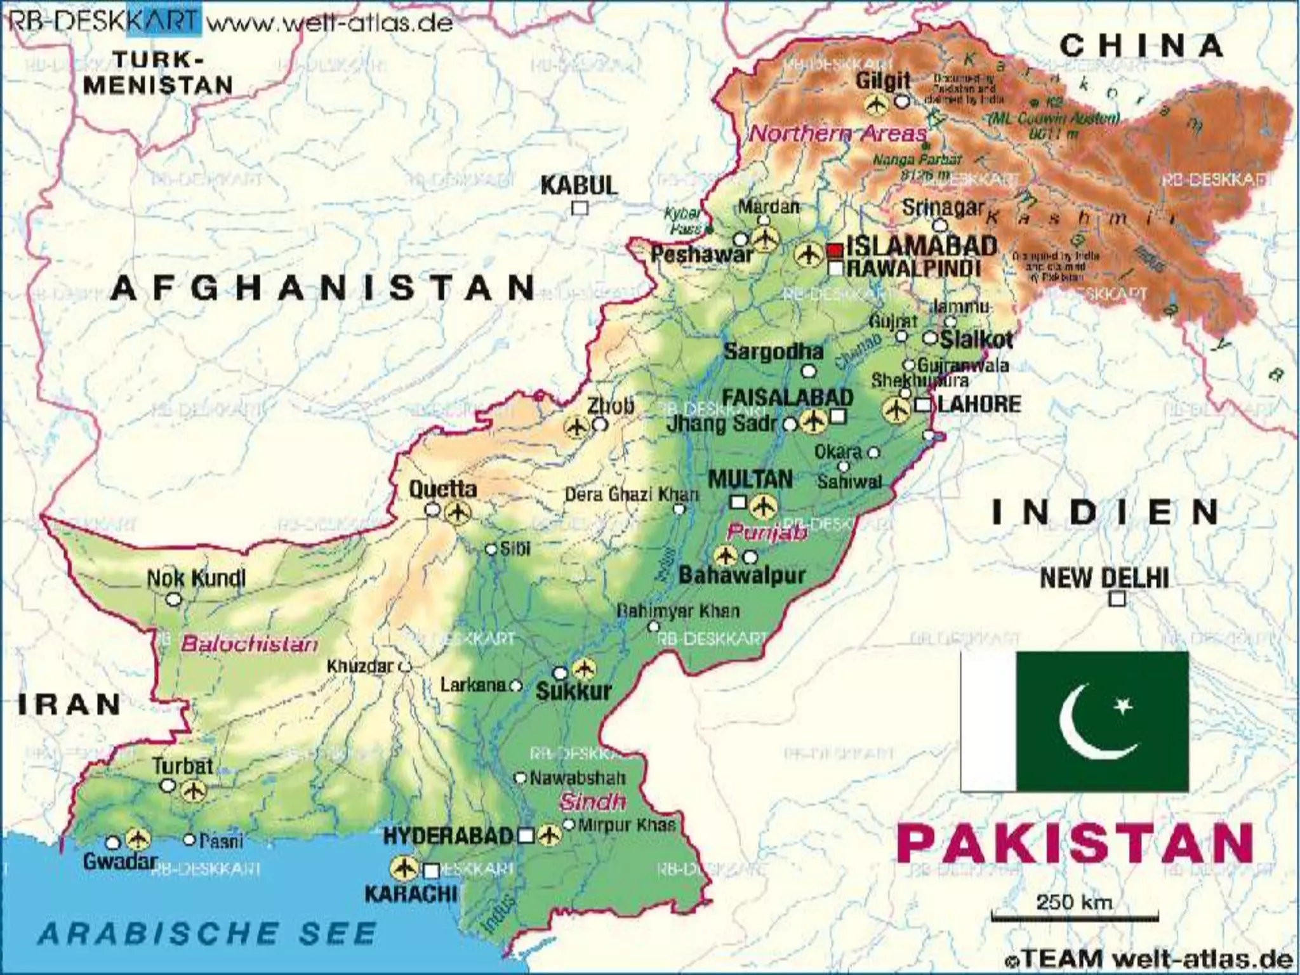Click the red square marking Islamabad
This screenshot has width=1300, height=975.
[x=835, y=250]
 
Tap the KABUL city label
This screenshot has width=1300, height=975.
[x=578, y=186]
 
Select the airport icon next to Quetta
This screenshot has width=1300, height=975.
[x=458, y=512]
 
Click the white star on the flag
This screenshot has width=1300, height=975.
[x=1124, y=705]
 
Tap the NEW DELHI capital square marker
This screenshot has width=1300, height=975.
[x=1117, y=599]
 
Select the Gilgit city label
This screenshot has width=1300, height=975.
[x=882, y=81]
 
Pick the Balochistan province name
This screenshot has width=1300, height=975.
[x=249, y=644]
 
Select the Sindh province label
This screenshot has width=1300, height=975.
[x=592, y=802]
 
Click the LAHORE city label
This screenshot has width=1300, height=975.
[x=979, y=404]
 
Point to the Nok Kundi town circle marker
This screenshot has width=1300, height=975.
[x=173, y=599]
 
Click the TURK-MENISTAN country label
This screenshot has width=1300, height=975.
[x=158, y=73]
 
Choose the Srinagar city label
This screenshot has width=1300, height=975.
[x=943, y=208]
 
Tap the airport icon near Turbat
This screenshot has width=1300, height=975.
[x=193, y=791]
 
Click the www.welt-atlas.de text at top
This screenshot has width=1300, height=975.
[x=330, y=23]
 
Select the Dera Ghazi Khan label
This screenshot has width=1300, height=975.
[x=632, y=494]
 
